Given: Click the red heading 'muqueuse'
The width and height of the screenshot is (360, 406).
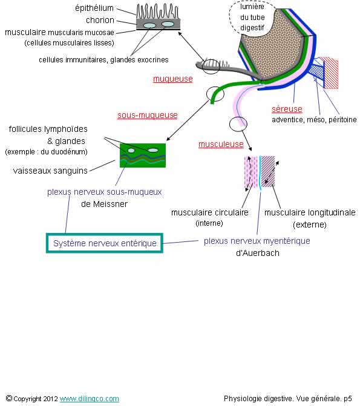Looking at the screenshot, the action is (173, 79).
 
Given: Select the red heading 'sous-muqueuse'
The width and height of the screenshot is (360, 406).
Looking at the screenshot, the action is (148, 115).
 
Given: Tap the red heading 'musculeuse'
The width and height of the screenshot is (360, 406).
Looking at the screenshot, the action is (221, 144).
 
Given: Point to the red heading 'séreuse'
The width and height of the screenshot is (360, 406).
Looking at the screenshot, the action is (287, 109).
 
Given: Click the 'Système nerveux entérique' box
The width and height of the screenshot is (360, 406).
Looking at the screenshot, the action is (105, 243).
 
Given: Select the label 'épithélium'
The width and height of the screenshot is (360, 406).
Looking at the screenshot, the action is (94, 8).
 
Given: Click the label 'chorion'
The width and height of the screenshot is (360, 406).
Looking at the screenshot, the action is (100, 20).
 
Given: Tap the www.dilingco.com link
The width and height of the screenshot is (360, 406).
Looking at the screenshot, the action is (90, 399).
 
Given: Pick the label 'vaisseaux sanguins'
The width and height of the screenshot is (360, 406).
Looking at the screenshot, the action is (50, 171).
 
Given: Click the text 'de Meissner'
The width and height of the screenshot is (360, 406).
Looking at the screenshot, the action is (105, 204).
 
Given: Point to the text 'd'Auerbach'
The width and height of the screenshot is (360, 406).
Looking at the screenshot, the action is (258, 253).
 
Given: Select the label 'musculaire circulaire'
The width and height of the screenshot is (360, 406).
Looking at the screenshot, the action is (210, 212).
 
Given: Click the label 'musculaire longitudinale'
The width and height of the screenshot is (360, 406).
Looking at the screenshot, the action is (310, 212).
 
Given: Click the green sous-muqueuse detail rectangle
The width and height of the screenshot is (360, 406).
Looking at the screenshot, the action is (143, 156).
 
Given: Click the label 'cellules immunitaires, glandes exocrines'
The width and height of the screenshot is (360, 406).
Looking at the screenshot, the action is (103, 60).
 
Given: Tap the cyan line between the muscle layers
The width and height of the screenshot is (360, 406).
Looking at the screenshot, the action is (260, 173).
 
